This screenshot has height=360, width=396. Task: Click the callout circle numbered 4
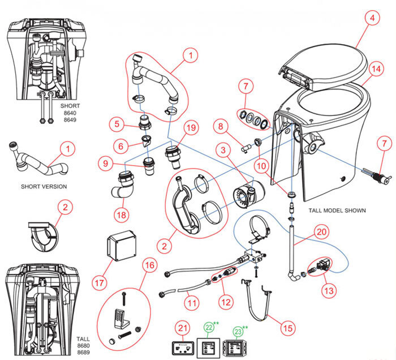coord(372,19)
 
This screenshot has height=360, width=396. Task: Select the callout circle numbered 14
coord(374,70)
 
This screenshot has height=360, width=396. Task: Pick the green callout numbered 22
coord(209,327)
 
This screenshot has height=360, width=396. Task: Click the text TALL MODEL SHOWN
coord(337,210)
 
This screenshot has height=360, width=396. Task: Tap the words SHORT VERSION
coord(44,187)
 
